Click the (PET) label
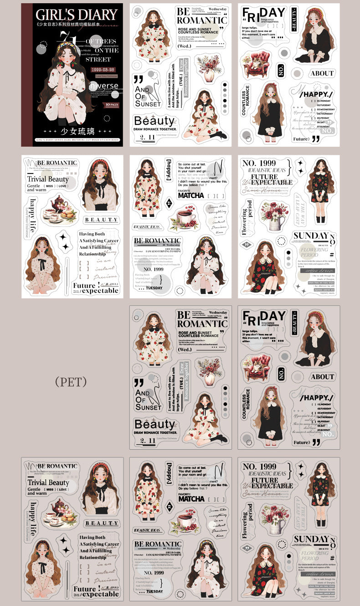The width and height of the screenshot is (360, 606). [70, 381]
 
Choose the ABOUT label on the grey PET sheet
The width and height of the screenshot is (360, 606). [322, 377]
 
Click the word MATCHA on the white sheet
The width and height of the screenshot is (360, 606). [191, 195]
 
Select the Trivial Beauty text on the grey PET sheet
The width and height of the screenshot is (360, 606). [48, 482]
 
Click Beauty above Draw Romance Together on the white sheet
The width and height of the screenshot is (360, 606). [154, 121]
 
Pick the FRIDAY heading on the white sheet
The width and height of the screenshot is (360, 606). [264, 14]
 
